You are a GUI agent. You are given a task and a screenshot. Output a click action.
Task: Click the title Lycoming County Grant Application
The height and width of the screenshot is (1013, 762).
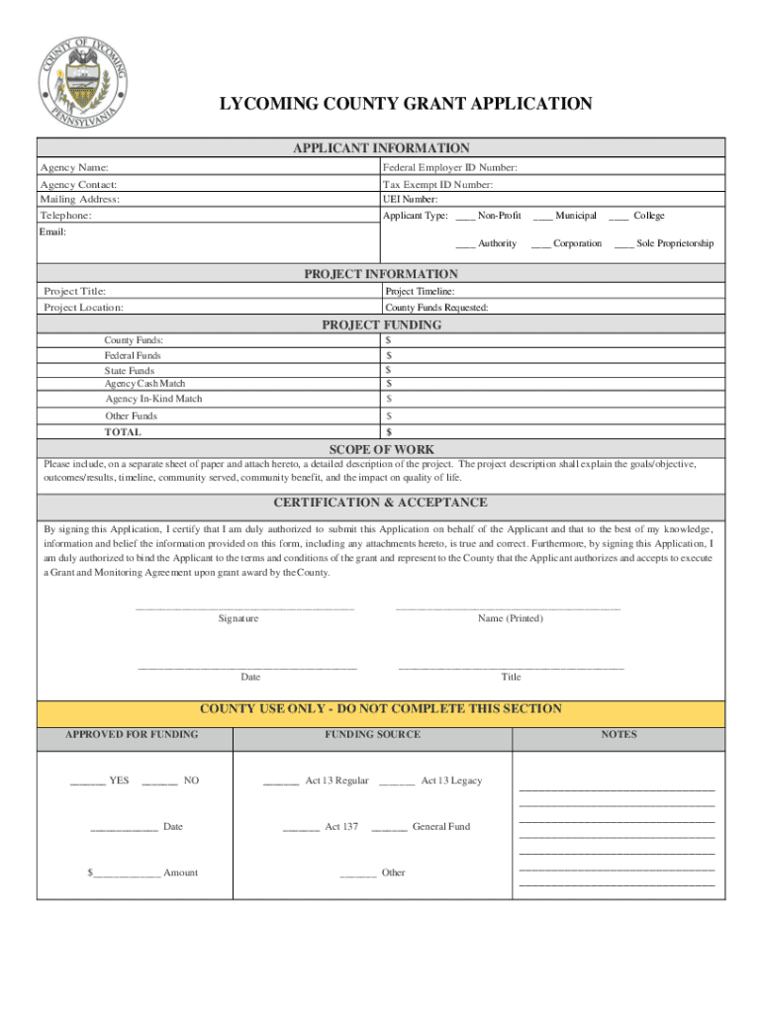(x=406, y=104)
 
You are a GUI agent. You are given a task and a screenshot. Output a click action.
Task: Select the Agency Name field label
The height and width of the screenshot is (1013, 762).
(x=74, y=168)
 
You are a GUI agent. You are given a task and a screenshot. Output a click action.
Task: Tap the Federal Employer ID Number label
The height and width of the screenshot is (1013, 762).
(x=450, y=168)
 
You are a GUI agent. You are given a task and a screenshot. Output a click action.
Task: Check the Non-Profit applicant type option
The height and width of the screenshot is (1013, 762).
(x=465, y=216)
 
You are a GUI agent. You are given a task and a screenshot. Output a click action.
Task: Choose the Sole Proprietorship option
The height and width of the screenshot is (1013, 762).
(x=624, y=243)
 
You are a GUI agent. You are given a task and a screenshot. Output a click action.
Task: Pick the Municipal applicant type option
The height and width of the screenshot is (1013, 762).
(x=542, y=216)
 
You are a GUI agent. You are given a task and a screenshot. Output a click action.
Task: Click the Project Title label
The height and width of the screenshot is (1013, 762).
(x=75, y=291)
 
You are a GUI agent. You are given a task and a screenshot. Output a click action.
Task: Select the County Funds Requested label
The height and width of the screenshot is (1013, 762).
(x=436, y=308)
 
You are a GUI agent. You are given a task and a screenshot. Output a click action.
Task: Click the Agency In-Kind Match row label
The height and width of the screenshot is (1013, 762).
(x=153, y=399)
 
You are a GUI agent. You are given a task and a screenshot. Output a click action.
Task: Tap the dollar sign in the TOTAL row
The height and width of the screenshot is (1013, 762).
(x=389, y=432)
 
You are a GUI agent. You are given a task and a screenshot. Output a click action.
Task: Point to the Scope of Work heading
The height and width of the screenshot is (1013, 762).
(x=381, y=449)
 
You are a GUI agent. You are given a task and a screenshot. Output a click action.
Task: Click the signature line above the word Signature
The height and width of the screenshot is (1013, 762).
(x=243, y=606)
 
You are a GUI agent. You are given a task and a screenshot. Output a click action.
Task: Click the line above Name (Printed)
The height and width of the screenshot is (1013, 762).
(x=508, y=606)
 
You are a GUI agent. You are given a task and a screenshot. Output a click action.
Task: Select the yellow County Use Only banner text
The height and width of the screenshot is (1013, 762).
(x=381, y=709)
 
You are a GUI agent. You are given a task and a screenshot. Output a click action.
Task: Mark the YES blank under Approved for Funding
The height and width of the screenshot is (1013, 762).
(x=88, y=782)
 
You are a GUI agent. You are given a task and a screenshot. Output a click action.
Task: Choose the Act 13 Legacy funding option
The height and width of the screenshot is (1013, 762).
(x=397, y=782)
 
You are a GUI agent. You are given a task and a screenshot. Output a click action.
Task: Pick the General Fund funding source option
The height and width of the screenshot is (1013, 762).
(x=389, y=827)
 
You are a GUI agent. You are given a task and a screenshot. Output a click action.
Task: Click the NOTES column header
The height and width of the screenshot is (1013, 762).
(x=619, y=735)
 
